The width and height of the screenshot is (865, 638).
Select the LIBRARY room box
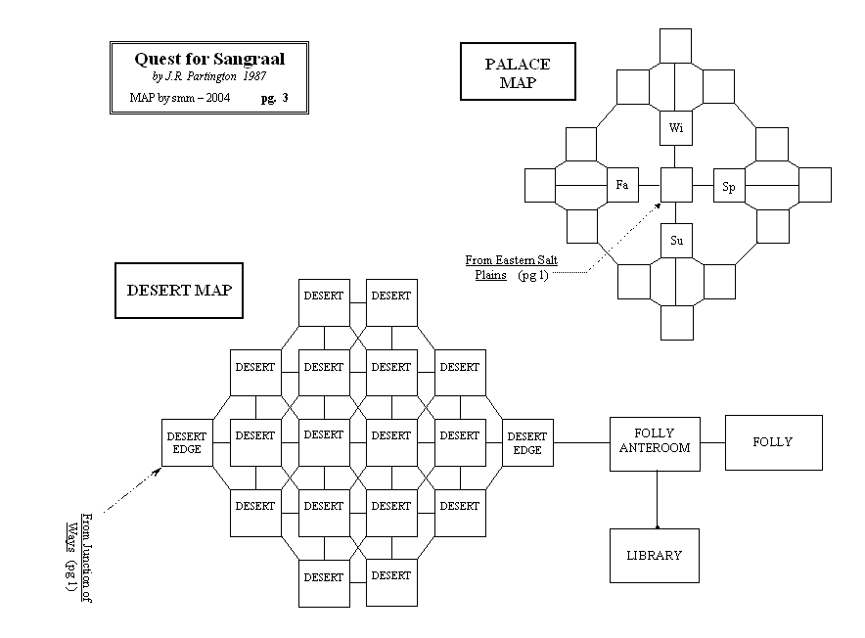[x=655, y=556]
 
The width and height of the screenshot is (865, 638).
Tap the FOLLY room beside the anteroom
[x=773, y=442]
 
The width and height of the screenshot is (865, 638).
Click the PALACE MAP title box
[x=518, y=73]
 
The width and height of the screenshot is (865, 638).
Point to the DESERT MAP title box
[x=179, y=291]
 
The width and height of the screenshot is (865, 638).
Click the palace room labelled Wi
[x=676, y=128]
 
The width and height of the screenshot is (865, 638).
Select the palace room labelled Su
[x=676, y=240]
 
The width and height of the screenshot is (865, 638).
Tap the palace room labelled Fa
[x=620, y=185]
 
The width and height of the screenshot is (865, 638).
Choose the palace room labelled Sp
[x=729, y=186]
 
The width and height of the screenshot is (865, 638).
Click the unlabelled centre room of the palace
[x=676, y=185]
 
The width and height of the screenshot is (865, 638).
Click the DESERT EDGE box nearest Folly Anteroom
[x=527, y=443]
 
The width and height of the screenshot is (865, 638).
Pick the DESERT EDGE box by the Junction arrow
[x=187, y=443]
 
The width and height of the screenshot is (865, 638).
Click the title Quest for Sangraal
[x=209, y=59]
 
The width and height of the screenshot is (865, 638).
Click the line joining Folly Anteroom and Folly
[x=712, y=442]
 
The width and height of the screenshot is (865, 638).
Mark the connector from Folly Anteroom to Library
[x=656, y=500]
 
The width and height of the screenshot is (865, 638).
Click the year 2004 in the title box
[x=216, y=98]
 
